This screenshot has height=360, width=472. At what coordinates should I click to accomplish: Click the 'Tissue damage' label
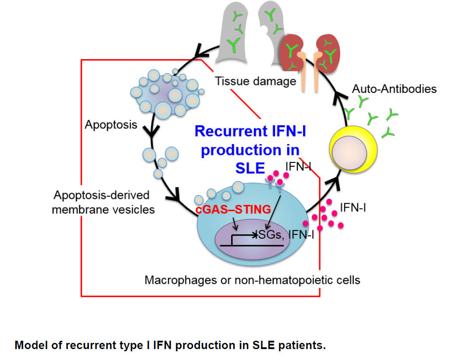[255, 81]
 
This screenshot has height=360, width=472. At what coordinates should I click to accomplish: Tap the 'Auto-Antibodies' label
[394, 89]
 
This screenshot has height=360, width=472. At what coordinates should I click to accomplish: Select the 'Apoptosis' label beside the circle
[111, 125]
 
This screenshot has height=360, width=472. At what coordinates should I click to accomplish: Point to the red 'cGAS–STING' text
[234, 209]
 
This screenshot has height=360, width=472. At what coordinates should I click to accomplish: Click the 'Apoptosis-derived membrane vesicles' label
[103, 202]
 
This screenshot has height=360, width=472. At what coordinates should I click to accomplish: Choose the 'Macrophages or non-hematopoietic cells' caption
[252, 279]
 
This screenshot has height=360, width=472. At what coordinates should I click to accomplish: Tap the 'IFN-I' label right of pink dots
[353, 208]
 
